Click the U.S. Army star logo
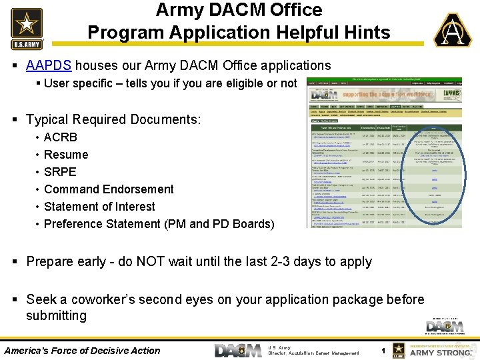click(27, 28)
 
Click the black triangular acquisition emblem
click(453, 31)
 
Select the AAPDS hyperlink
click(49, 65)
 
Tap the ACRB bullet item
click(61, 137)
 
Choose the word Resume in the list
click(66, 155)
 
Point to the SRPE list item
click(60, 172)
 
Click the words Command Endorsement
click(109, 189)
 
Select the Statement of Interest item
click(99, 207)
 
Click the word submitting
click(56, 315)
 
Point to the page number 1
click(383, 351)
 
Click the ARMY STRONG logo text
click(440, 352)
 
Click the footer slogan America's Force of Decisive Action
click(83, 351)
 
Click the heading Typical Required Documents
click(113, 119)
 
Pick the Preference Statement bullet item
click(159, 224)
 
